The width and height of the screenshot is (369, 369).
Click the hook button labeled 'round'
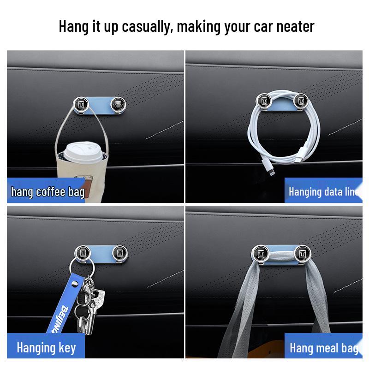click(119, 106)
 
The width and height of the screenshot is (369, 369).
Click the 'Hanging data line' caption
click(323, 191)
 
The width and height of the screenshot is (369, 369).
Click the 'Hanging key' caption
click(46, 347)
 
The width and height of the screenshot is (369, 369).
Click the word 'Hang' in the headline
click(72, 26)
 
